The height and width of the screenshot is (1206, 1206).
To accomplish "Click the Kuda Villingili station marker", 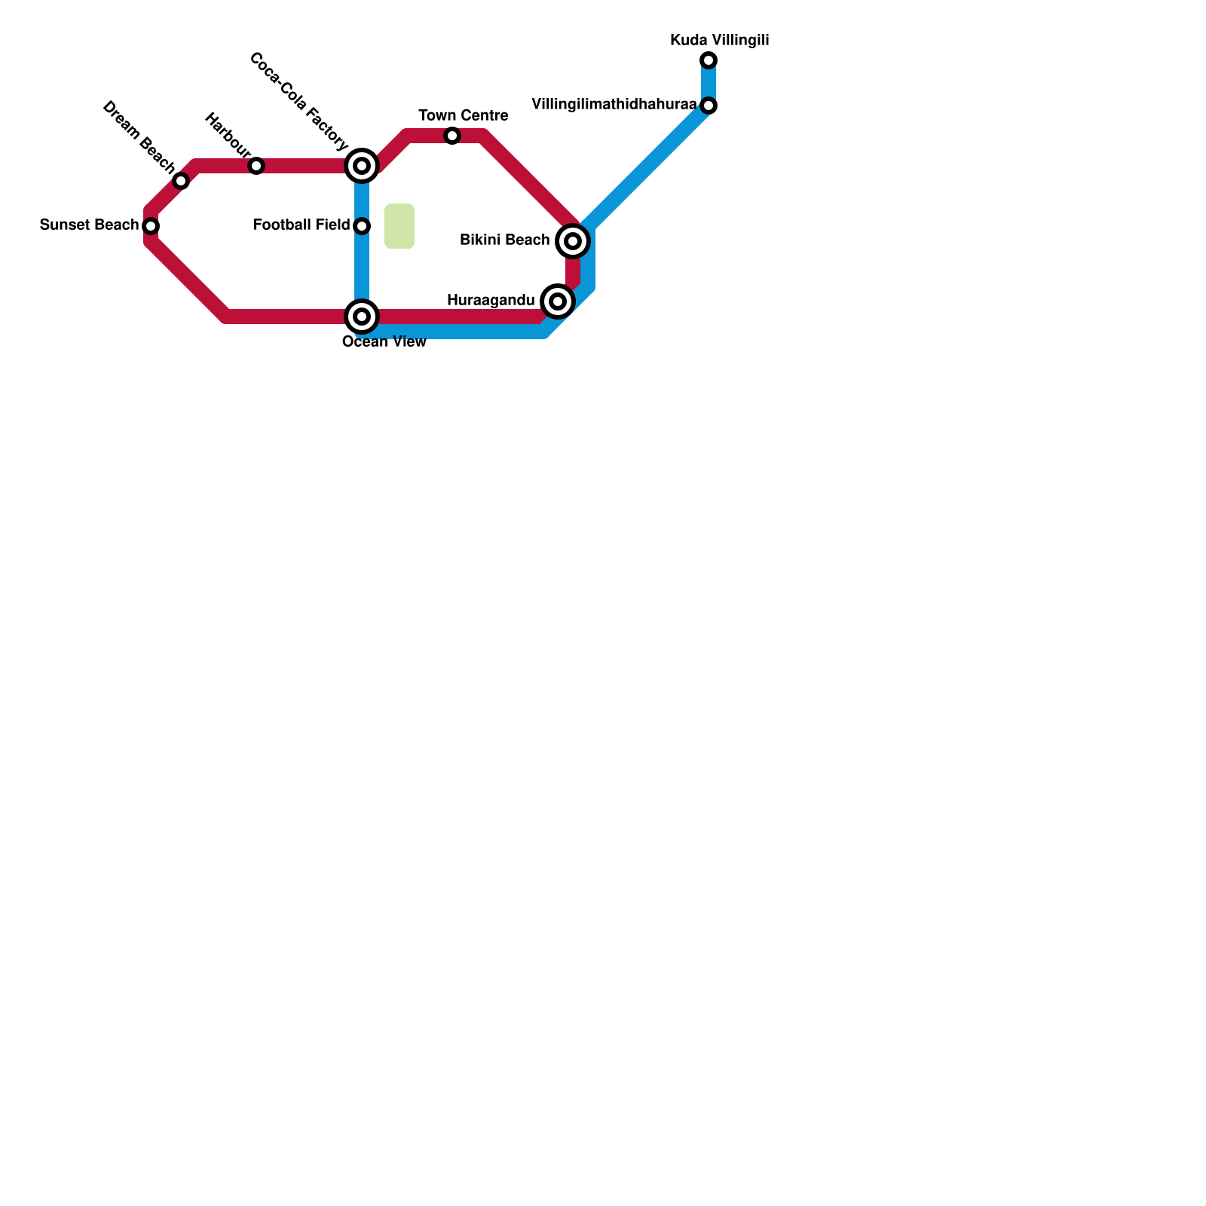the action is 709,60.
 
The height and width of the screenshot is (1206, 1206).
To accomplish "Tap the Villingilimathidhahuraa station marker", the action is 709,106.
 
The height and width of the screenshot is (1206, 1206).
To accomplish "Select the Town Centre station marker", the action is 452,136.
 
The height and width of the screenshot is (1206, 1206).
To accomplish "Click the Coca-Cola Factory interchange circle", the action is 362,166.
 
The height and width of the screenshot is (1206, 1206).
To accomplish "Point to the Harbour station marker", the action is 256,166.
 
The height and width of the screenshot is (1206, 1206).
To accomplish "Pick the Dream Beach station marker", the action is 181,181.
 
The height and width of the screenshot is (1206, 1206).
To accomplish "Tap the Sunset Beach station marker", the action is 151,226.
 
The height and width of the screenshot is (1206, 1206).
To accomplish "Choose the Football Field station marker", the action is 362,226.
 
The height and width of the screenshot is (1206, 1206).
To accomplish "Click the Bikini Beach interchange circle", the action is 573,241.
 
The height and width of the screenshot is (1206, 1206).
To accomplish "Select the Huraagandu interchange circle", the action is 558,301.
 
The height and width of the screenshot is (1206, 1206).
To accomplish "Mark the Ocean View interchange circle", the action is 362,317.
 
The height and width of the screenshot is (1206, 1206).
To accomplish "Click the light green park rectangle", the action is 399,226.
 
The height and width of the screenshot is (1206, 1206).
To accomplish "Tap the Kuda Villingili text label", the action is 720,41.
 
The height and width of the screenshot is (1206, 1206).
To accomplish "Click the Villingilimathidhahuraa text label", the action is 614,105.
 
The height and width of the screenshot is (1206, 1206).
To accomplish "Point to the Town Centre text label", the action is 464,116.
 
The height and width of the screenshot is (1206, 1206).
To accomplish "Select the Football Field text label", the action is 301,225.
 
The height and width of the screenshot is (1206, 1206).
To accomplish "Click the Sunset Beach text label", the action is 89,225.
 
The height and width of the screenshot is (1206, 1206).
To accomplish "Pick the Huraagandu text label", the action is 491,301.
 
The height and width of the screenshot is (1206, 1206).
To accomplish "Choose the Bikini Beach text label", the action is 504,240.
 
